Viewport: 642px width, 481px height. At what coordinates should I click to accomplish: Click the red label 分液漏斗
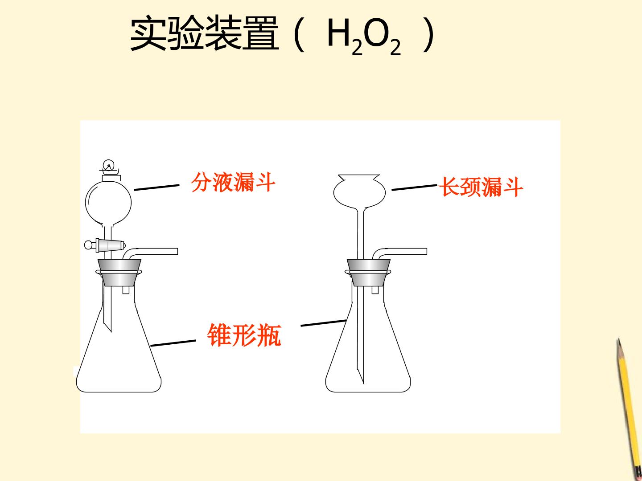[x=233, y=182]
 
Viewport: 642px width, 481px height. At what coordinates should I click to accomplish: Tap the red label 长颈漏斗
[x=481, y=187]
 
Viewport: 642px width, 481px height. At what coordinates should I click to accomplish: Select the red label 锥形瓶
[x=244, y=335]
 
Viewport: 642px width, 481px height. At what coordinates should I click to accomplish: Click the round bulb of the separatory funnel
[x=108, y=202]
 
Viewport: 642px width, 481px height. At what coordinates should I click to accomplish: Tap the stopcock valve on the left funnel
[x=105, y=245]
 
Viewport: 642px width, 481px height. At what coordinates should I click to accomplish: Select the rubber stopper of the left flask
[x=119, y=273]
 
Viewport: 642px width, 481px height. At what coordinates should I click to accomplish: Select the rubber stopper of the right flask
[x=368, y=273]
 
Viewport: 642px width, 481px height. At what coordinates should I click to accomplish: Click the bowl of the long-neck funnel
[x=359, y=192]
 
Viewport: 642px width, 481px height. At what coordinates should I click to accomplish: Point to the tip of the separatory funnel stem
[x=111, y=332]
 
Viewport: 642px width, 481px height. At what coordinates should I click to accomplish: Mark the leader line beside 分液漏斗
[x=156, y=188]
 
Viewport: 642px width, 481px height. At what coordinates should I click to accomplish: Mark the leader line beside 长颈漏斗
[x=415, y=187]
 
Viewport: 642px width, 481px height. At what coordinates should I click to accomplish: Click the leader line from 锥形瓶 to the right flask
[x=324, y=323]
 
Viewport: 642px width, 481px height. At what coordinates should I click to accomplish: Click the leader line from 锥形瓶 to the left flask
[x=173, y=343]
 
